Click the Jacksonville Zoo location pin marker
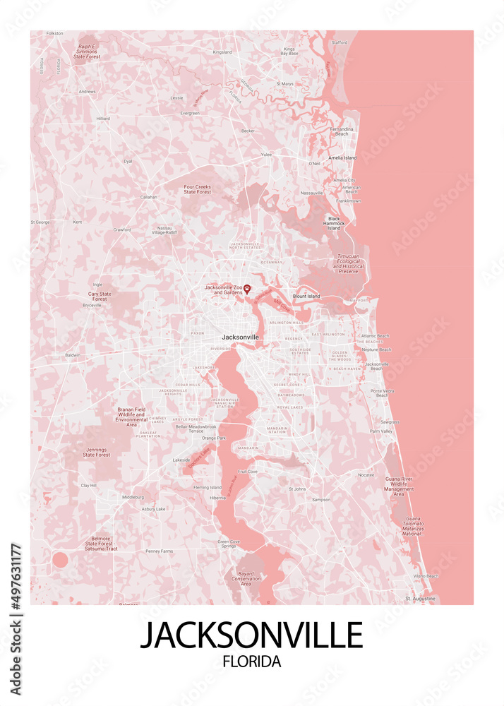coord(247,289)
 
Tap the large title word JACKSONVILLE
coord(251,634)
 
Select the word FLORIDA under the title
coord(251,662)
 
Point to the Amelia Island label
coord(342,158)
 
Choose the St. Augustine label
coord(421,599)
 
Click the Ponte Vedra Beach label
coord(382,393)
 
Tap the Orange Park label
coord(213,438)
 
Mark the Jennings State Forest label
coord(97,452)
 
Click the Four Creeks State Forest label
coord(197,189)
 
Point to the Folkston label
coord(54,33)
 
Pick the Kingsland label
coord(222,52)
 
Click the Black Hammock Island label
coord(334,223)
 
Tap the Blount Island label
coord(306,297)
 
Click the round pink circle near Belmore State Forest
coord(60,560)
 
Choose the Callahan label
coord(148,197)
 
